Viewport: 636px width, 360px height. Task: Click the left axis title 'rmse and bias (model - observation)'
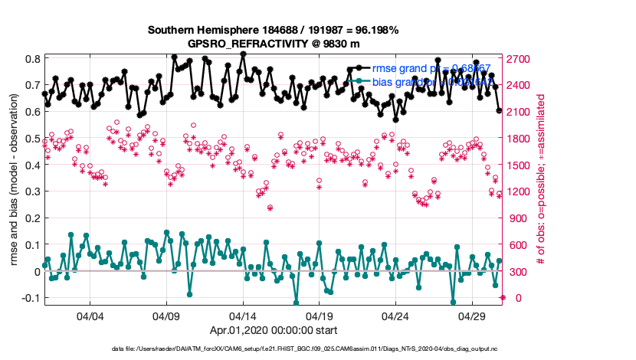pos(14,178)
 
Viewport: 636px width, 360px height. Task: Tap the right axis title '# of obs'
pos(540,178)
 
